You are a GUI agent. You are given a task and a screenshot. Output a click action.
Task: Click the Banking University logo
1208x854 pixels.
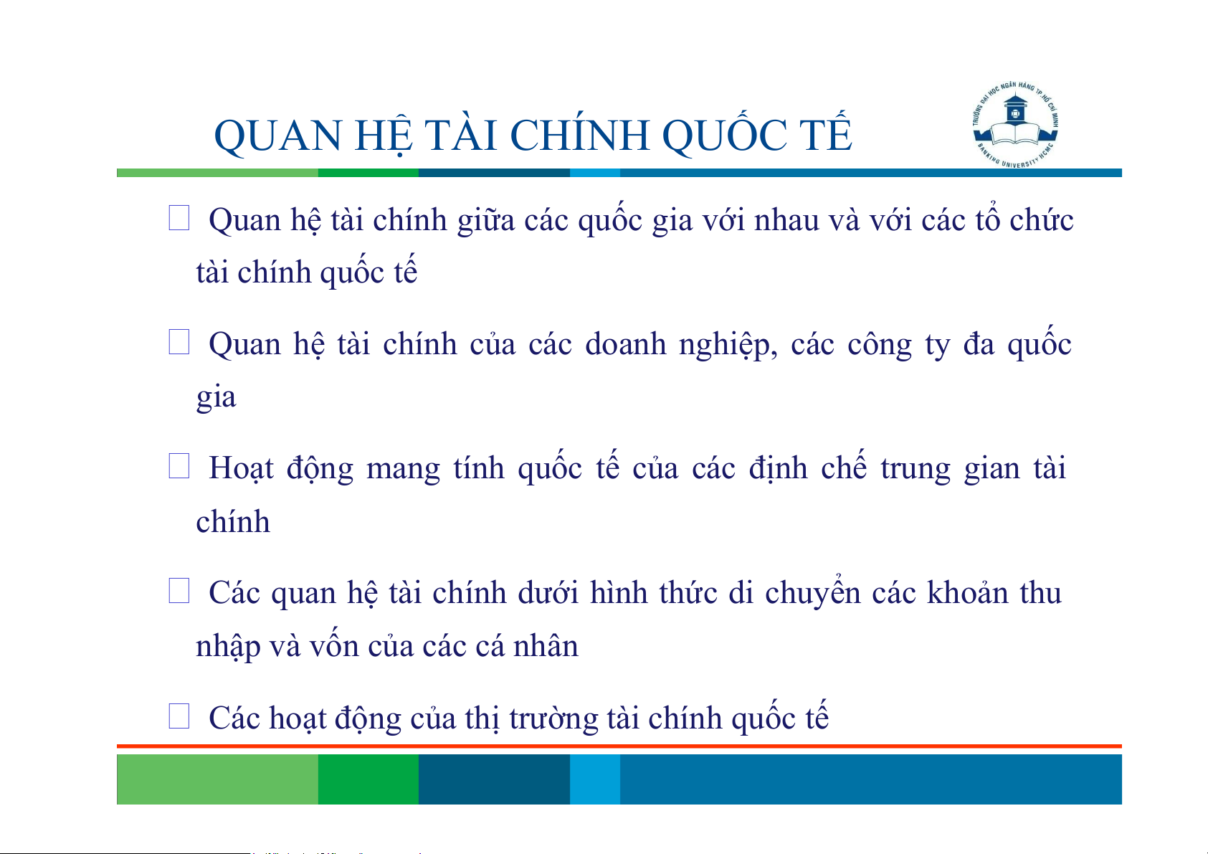[x=1015, y=125]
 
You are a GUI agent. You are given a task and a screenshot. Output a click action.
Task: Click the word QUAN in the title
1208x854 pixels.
[x=277, y=136]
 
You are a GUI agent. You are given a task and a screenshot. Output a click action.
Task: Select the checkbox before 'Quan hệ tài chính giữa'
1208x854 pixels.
[x=179, y=218]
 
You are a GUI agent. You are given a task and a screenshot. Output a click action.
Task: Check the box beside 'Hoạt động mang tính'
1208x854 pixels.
[x=179, y=465]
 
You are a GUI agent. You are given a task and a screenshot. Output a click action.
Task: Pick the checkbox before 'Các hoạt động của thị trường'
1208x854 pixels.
[x=179, y=716]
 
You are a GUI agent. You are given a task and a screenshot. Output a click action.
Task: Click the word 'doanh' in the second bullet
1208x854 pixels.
[x=626, y=344]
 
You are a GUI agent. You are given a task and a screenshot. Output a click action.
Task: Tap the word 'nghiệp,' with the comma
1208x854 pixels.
[x=728, y=346]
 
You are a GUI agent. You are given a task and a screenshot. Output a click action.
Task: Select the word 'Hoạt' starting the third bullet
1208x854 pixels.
[x=241, y=468]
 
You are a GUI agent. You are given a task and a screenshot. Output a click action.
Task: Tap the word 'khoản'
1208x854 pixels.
[x=968, y=592]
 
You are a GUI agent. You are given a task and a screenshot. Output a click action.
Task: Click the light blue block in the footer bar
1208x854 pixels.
[x=595, y=779]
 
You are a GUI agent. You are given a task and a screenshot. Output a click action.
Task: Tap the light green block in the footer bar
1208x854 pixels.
[x=217, y=779]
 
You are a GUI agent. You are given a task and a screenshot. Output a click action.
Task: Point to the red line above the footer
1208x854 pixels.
[x=619, y=746]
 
